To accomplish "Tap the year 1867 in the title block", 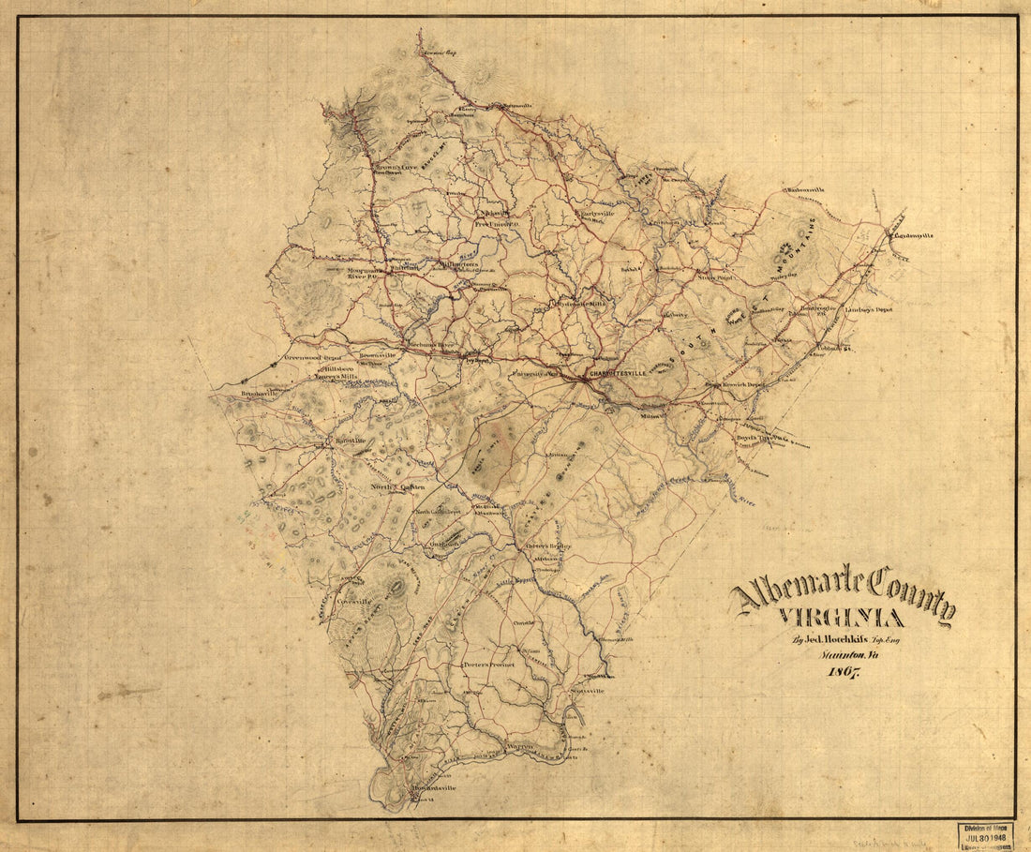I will (x=840, y=673).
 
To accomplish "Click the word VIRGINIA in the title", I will (x=841, y=618).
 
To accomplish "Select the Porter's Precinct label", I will (x=488, y=665).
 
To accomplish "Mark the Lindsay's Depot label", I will (x=869, y=309).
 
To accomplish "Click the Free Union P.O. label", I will (x=498, y=224).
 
